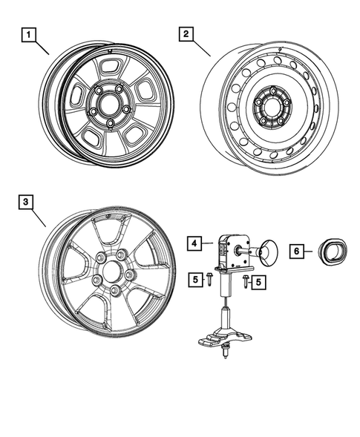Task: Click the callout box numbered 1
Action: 28,34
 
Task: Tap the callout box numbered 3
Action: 25,201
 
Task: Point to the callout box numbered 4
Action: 192,243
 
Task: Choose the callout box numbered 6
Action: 295,252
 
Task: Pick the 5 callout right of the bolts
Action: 258,281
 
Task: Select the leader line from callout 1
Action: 42,47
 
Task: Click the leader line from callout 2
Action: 202,47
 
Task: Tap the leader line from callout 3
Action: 39,215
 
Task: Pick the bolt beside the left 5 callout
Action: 210,280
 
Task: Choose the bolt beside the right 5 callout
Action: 243,281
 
